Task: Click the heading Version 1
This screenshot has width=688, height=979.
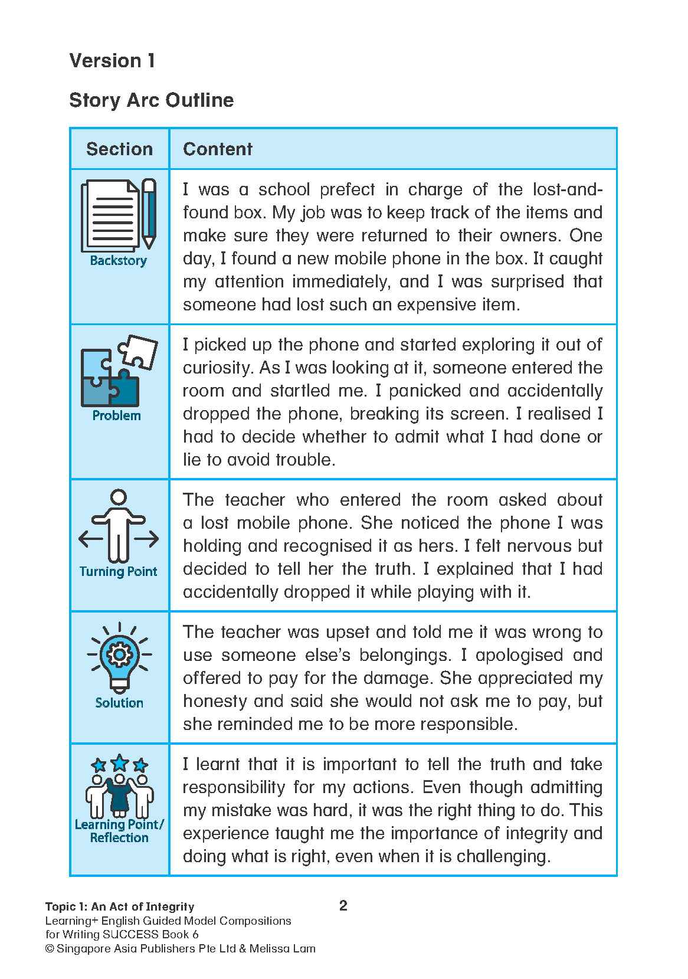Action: pos(112,60)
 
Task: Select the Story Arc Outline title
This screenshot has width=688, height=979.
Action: pos(151,100)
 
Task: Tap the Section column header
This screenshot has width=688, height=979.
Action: pos(119,149)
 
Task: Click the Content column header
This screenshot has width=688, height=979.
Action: pos(217,149)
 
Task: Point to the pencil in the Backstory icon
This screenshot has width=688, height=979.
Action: pos(149,212)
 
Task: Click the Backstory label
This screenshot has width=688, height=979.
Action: pos(118,260)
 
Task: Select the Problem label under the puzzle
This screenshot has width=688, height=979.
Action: pos(117,415)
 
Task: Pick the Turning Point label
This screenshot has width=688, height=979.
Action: pos(118,571)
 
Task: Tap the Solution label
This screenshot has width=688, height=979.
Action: pos(119,703)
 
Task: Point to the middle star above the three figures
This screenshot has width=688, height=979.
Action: pos(120,762)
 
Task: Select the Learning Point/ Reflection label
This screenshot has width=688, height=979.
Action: pos(119,831)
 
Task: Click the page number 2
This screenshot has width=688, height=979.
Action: pos(343,905)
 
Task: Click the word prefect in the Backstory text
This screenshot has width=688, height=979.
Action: pos(347,189)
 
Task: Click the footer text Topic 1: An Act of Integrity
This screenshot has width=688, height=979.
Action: pos(120,906)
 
